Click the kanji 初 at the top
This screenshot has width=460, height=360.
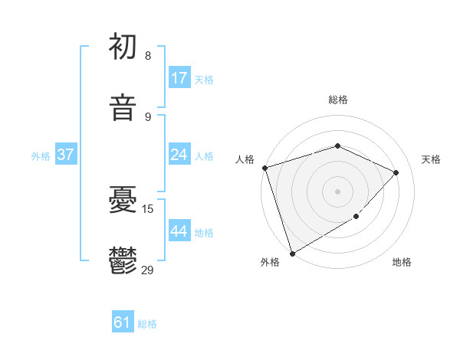coord(123,47)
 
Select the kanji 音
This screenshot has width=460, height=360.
coord(123,108)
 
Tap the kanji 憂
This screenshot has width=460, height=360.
coord(123,201)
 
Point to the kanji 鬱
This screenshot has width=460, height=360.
coord(123,261)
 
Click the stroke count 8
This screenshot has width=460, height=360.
coord(147,56)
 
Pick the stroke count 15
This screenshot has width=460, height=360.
coord(148,209)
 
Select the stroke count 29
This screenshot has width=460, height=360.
coord(148,270)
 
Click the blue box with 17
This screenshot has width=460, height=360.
coord(179,78)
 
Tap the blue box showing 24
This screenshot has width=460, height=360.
coord(179,155)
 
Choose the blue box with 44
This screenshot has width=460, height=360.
coord(179,231)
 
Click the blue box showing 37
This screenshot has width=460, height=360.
coord(66,155)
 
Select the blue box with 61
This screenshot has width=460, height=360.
coord(123,323)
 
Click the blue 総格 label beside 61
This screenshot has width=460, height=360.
coord(147,324)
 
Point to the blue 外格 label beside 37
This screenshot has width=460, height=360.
coord(41,155)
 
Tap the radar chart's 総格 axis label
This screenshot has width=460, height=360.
coord(338,100)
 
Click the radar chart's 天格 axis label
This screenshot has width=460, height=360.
coord(431,159)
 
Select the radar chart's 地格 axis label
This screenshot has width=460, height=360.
coord(402,262)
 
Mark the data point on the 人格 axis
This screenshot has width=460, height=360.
coord(264,168)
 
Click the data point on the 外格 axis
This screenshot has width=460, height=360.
coord(292,253)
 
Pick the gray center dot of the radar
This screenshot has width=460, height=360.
coord(337,191)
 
